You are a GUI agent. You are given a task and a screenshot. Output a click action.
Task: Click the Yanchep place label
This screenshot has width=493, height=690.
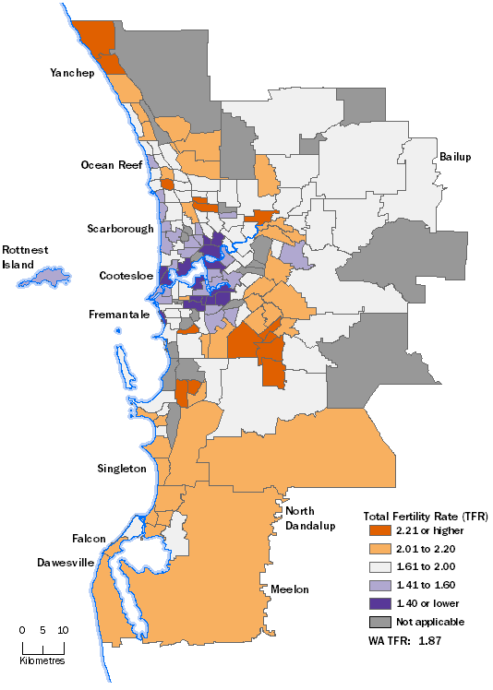pos(72,74)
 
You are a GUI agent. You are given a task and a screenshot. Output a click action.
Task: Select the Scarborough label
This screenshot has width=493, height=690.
pos(120,228)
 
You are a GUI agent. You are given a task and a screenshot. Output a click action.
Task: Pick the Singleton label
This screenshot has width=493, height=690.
pos(121,469)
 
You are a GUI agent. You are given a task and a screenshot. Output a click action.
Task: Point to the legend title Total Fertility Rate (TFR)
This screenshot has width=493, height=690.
pos(413,515)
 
